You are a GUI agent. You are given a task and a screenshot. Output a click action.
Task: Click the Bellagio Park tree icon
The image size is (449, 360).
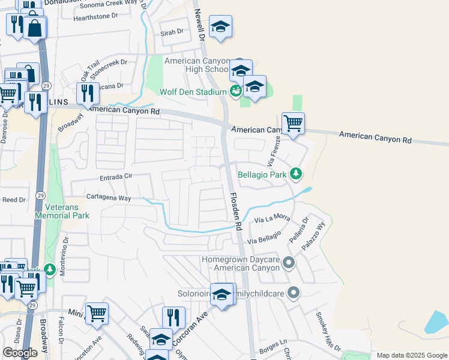pos(295,174)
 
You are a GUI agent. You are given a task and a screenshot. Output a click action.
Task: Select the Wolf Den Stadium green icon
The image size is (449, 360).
pos(235,91)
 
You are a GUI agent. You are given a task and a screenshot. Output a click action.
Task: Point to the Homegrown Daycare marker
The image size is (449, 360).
pos(289,262)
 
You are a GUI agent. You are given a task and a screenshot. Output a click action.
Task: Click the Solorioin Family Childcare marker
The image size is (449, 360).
pos(293,293)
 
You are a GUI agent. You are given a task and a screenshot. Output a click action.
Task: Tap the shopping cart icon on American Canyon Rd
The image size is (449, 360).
pos(293,124)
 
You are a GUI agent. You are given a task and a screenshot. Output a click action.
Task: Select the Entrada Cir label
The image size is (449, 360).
pos(111,177)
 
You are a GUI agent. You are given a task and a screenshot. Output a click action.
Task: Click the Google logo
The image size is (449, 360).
pos(20,353)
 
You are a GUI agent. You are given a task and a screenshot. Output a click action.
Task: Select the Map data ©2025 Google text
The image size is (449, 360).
pos(412,355)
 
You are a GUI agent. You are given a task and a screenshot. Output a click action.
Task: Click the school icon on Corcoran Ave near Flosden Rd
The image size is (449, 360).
pos(221,295)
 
